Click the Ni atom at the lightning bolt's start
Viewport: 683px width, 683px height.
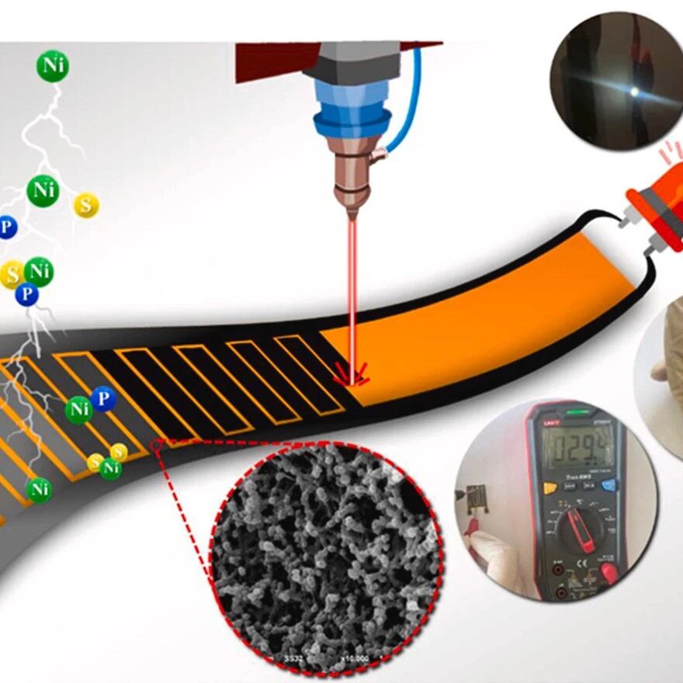pos(53,66)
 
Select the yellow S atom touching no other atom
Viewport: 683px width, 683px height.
pos(86,205)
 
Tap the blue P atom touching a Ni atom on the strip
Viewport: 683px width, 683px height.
pos(102,399)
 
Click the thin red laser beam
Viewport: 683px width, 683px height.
pos(352,295)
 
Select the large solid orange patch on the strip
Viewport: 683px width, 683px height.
pos(481,310)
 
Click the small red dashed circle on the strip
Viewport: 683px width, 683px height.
pos(158,445)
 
